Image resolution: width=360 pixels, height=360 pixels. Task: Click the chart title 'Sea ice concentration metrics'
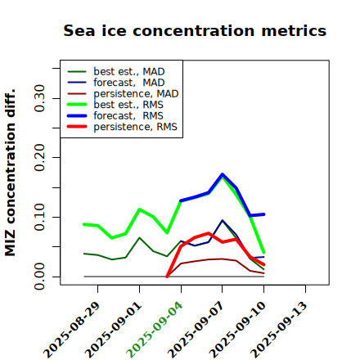tap(195, 30)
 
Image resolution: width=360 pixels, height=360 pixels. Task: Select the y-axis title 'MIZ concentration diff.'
tap(10, 173)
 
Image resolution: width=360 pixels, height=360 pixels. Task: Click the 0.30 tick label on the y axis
tap(39, 98)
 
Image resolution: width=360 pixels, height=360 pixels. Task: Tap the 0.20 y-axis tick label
tap(39, 158)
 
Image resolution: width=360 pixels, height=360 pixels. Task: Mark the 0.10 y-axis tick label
tap(39, 217)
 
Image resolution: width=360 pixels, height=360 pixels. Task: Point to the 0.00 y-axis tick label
tap(39, 277)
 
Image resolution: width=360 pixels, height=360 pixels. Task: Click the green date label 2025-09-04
tap(154, 330)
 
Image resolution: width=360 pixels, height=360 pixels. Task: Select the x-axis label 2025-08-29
tap(71, 330)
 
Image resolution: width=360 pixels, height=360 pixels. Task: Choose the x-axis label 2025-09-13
tap(279, 330)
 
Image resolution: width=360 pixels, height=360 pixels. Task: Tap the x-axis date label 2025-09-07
tap(196, 330)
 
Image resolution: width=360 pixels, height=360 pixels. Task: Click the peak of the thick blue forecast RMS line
tap(223, 174)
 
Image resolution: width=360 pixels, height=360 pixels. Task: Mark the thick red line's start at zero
tap(167, 277)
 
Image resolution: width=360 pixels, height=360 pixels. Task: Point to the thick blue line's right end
tap(263, 214)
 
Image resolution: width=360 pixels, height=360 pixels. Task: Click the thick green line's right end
tap(263, 252)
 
